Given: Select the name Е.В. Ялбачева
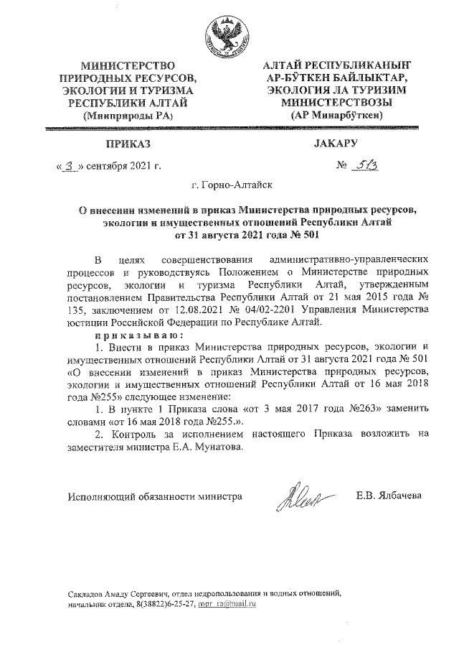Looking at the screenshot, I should pyautogui.click(x=389, y=496).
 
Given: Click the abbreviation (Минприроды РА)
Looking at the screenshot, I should pyautogui.click(x=127, y=115).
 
